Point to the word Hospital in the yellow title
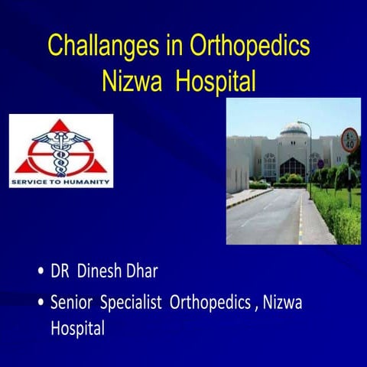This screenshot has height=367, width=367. tap(216, 81)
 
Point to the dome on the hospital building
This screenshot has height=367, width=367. tap(294, 128)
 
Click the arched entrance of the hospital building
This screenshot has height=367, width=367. tap(292, 167)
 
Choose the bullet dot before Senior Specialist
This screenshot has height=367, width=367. tap(40, 304)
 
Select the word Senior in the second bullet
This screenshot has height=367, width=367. tap(73, 303)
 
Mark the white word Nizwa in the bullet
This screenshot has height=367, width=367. tap(282, 303)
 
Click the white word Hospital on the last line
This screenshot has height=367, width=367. tap(77, 328)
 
